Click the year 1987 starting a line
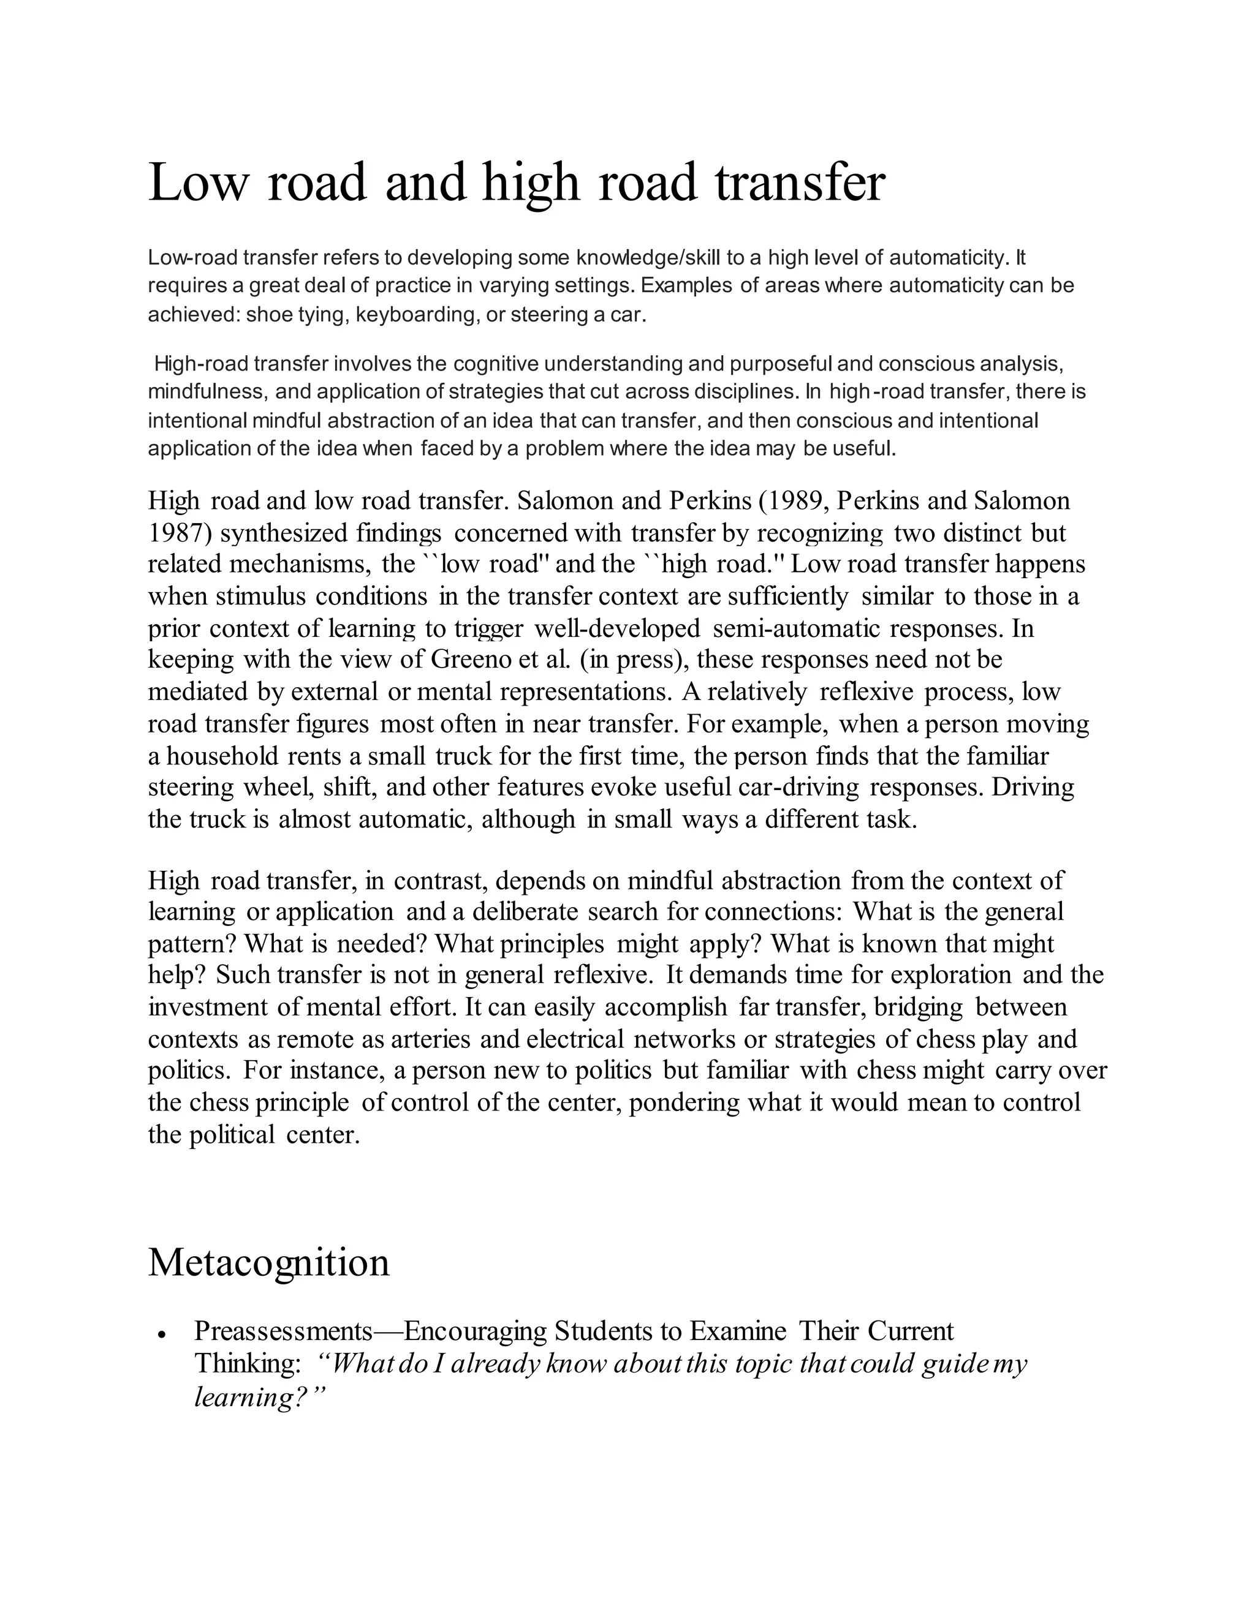[x=175, y=533]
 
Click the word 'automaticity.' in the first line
[x=949, y=258]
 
